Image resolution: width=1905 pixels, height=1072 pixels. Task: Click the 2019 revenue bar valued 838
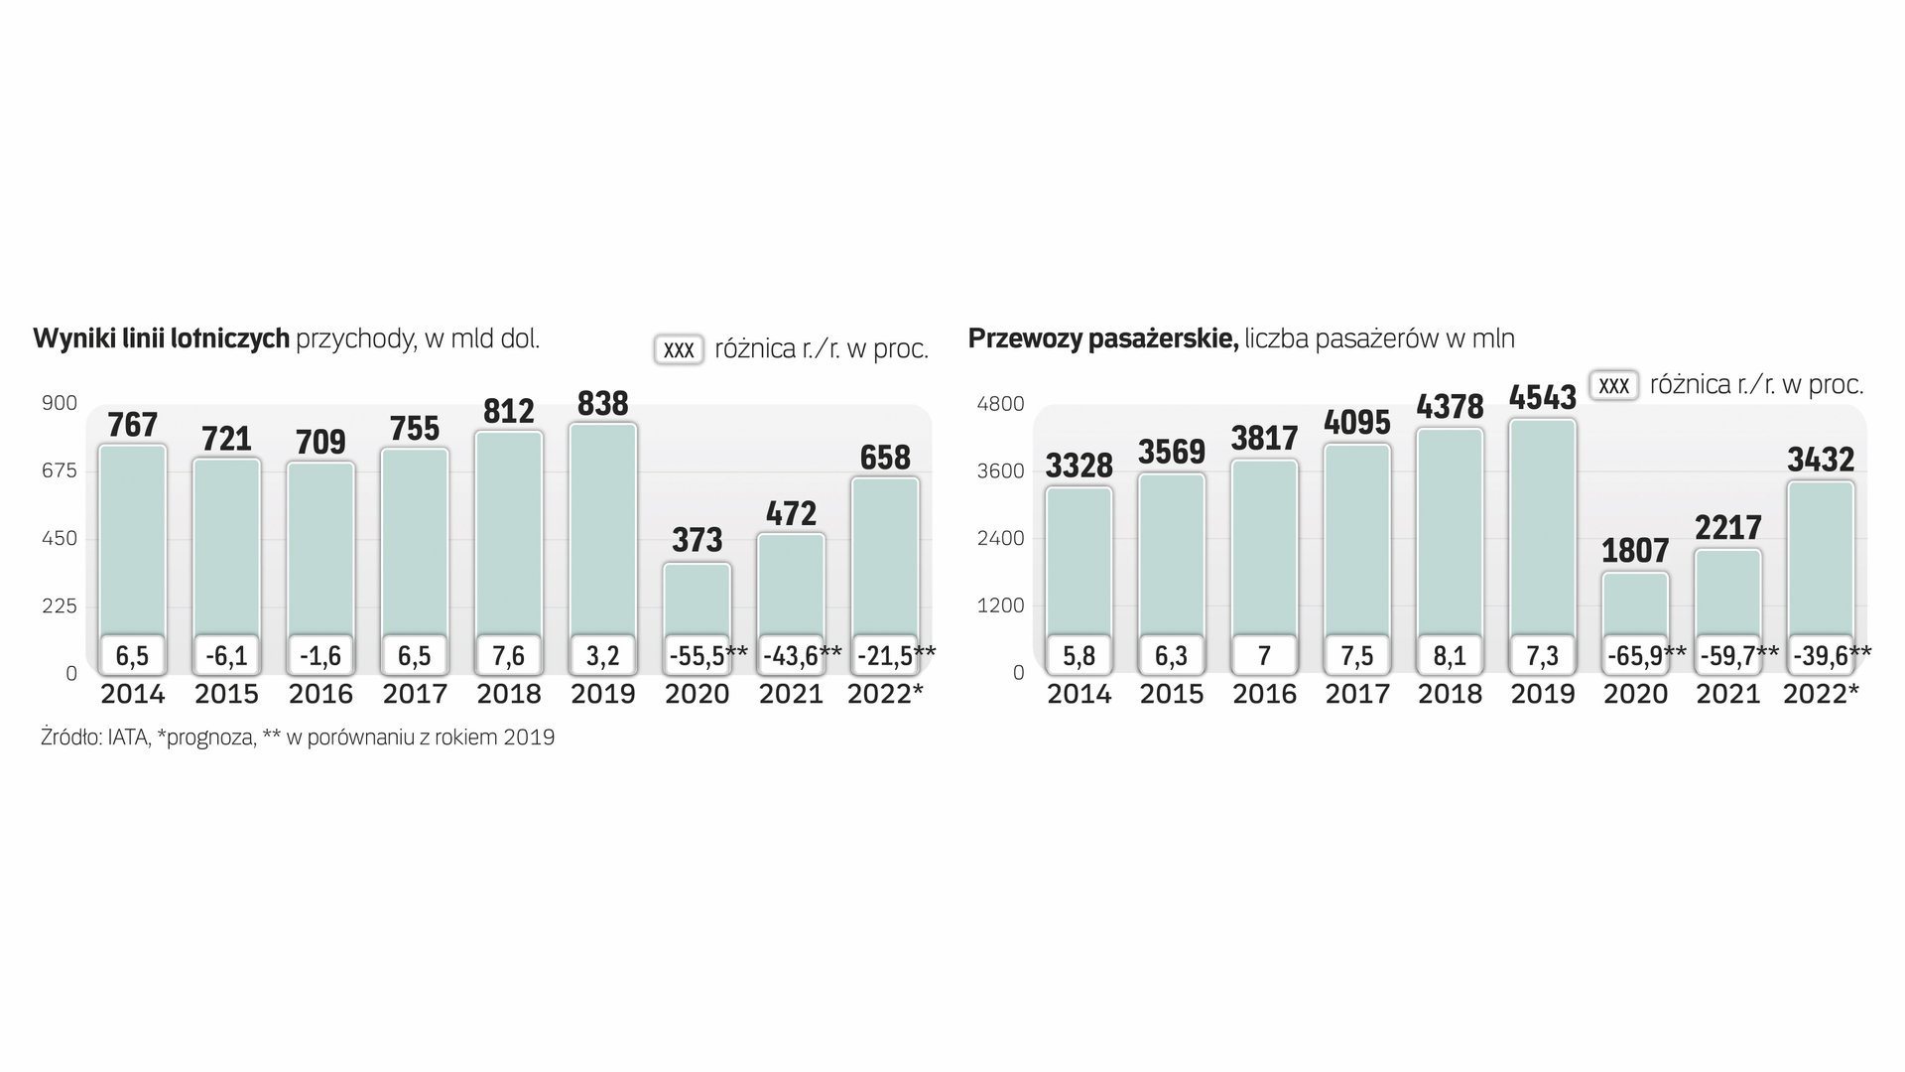pyautogui.click(x=602, y=526)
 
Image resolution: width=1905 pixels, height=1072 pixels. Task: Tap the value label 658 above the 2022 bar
pyautogui.click(x=885, y=458)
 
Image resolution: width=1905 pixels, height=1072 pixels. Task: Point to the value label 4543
pyautogui.click(x=1542, y=398)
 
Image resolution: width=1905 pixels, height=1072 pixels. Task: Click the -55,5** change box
pyautogui.click(x=698, y=655)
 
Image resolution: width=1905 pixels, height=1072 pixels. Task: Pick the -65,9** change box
pyautogui.click(x=1635, y=655)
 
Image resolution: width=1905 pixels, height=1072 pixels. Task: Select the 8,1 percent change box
pyautogui.click(x=1450, y=655)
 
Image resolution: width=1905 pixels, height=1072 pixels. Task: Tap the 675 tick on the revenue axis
pyautogui.click(x=59, y=470)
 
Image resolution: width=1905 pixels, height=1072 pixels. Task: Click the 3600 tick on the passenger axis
pyautogui.click(x=1000, y=470)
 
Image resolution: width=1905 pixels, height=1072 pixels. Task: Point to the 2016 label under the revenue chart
pyautogui.click(x=320, y=694)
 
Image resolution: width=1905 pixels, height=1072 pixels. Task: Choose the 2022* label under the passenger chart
pyautogui.click(x=1821, y=694)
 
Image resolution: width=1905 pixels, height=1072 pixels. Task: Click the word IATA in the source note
pyautogui.click(x=128, y=737)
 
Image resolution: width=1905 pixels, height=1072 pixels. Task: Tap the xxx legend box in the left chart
pyautogui.click(x=679, y=349)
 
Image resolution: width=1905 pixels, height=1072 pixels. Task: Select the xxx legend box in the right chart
pyautogui.click(x=1613, y=385)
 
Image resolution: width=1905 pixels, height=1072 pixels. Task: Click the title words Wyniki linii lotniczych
pyautogui.click(x=162, y=338)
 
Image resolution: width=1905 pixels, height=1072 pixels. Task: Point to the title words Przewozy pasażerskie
pyautogui.click(x=1102, y=338)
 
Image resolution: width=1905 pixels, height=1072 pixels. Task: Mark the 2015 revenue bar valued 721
pyautogui.click(x=226, y=546)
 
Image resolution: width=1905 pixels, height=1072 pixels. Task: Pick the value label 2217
pyautogui.click(x=1727, y=527)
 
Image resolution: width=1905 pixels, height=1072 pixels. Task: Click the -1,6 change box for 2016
pyautogui.click(x=320, y=655)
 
